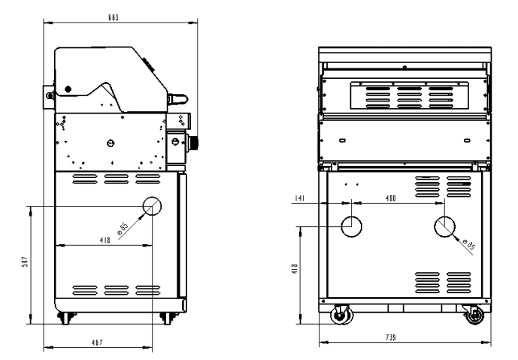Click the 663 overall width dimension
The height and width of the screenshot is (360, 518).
(x=114, y=16)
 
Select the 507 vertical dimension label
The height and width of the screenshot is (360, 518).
(x=25, y=263)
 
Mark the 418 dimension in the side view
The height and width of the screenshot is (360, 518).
(x=105, y=240)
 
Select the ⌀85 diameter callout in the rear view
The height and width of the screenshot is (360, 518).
(x=471, y=244)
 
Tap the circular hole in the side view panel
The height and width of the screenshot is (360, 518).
(x=152, y=206)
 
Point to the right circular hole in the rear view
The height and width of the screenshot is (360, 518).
(x=444, y=225)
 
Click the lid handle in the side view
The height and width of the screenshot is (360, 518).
(x=177, y=98)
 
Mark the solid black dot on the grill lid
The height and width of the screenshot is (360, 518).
(x=68, y=89)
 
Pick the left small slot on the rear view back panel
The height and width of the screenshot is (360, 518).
(x=341, y=140)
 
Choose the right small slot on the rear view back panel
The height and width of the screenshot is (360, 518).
(x=466, y=140)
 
